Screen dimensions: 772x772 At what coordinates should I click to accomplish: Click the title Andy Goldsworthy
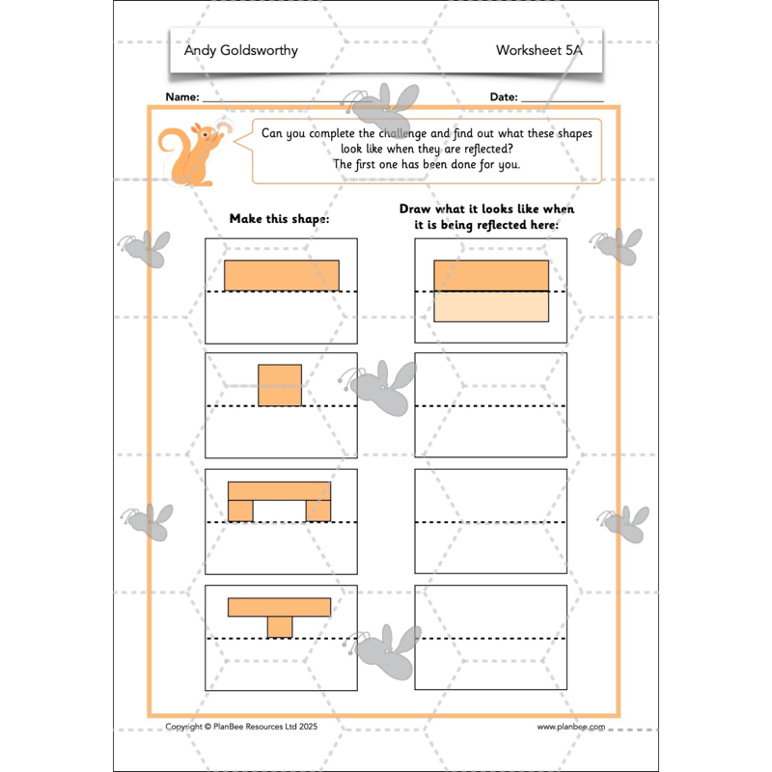tap(241, 50)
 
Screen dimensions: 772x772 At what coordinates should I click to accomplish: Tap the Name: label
tap(182, 97)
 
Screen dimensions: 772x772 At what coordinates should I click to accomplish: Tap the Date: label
tap(504, 97)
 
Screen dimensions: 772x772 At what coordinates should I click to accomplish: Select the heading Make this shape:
tap(279, 219)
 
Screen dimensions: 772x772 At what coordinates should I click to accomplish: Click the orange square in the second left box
tap(280, 384)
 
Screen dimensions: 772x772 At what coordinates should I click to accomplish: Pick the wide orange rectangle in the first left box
tap(282, 275)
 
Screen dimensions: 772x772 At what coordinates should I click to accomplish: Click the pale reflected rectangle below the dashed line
tap(491, 306)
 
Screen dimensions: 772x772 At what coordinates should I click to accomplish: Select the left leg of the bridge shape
tap(240, 510)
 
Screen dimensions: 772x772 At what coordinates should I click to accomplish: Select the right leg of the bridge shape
tap(318, 510)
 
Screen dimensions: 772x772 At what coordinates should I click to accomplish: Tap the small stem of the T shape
tap(280, 626)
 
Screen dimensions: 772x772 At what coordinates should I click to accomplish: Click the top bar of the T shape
tap(280, 607)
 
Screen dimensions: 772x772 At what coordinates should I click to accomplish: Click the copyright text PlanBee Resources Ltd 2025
tap(241, 727)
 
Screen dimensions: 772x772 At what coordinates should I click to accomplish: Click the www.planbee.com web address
tap(570, 727)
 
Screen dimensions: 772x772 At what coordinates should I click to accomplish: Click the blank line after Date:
tap(562, 99)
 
